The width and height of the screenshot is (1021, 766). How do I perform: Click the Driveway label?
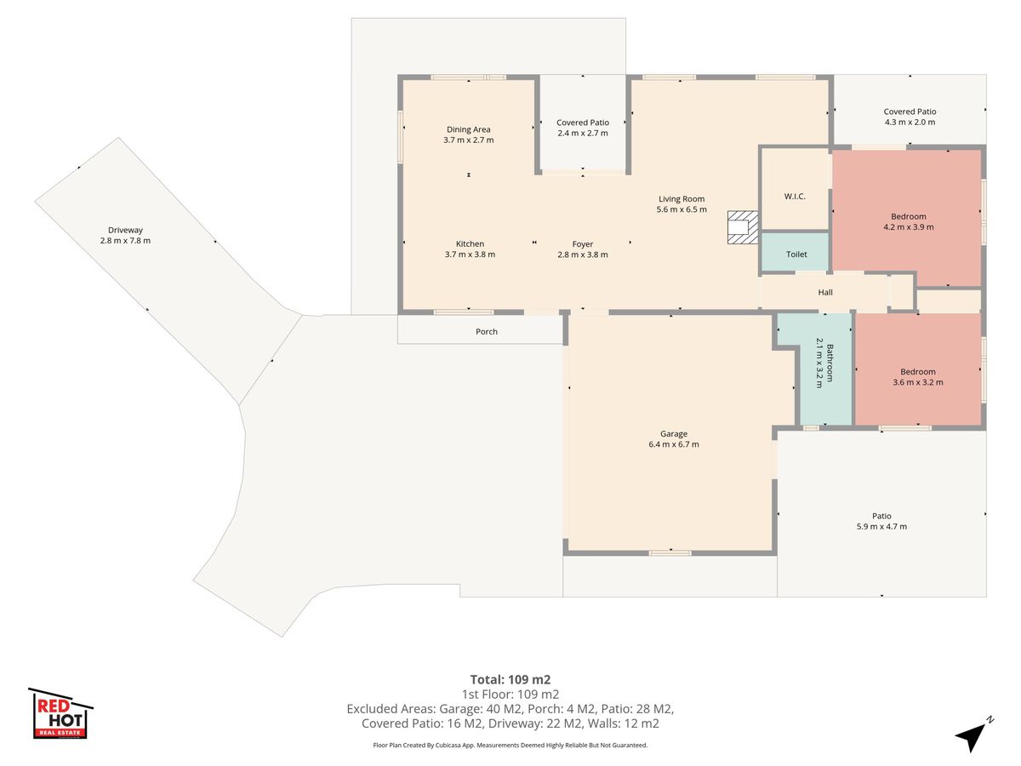click(125, 230)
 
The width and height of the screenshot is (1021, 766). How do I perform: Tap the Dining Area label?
click(469, 129)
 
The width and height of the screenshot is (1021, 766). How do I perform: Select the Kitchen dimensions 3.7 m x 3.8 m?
click(470, 254)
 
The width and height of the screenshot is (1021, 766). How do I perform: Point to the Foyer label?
click(582, 244)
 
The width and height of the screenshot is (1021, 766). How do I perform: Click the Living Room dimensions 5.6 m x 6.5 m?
click(682, 209)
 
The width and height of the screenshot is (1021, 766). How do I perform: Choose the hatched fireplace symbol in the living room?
click(743, 227)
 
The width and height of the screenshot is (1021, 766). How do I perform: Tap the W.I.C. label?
click(795, 197)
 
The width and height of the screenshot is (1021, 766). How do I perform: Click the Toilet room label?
click(796, 254)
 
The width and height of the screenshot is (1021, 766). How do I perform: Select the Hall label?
click(825, 292)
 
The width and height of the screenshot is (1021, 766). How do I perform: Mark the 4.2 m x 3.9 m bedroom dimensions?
click(909, 227)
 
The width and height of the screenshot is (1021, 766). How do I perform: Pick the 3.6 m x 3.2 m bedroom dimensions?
click(918, 382)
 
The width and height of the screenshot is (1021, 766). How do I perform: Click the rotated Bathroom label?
click(830, 363)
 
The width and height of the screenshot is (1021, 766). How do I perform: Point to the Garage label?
click(674, 434)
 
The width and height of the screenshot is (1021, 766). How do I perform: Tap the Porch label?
click(487, 332)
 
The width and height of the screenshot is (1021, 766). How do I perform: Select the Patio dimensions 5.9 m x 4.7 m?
click(881, 527)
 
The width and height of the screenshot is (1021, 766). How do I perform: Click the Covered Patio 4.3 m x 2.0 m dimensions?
click(910, 123)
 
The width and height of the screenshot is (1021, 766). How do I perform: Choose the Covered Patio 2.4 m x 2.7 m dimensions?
click(582, 133)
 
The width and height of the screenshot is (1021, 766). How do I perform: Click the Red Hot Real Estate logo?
click(60, 713)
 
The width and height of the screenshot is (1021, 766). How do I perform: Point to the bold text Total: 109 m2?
click(510, 679)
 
